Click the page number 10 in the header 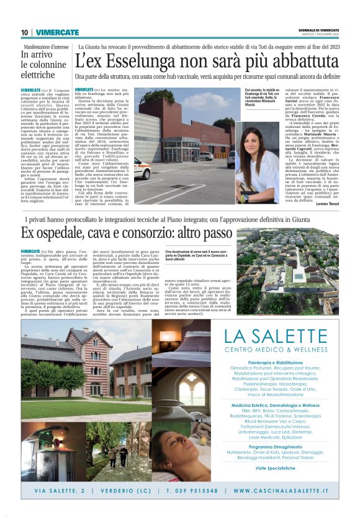point(24,32)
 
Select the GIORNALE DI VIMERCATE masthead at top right point(319,30)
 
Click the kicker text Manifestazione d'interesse point(47,47)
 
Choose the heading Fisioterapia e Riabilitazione point(284,362)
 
